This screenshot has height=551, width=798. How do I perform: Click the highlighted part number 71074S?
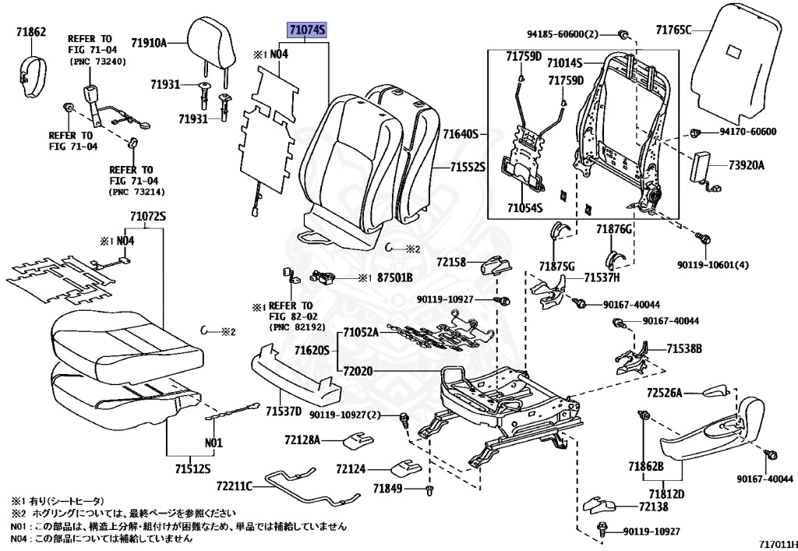coord(307,30)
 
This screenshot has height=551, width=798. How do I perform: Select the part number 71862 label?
coord(31,31)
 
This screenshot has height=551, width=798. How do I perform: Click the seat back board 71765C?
coord(736,60)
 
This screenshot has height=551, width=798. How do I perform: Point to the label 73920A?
coord(746,165)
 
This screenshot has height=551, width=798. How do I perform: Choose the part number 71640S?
coord(461,134)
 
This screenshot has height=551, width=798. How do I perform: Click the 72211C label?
coord(234,486)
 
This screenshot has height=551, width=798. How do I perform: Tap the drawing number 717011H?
coord(777,544)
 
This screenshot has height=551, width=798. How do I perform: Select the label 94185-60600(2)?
coord(563,34)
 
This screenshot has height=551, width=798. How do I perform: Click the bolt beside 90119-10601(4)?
coord(704,238)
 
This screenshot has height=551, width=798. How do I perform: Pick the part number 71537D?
coord(284,411)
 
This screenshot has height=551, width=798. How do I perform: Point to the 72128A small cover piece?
coord(358,440)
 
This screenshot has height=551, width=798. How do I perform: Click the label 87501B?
coord(394,277)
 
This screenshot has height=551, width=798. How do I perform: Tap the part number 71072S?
coord(147,217)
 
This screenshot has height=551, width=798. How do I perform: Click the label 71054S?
coord(524,207)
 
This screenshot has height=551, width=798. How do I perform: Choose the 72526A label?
coord(664,393)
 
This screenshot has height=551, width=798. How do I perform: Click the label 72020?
coord(358,372)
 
